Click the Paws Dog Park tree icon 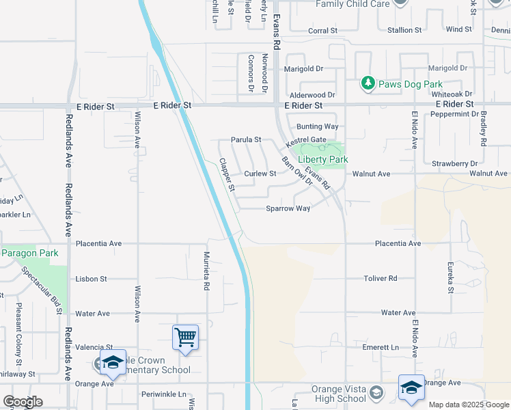click(x=369, y=83)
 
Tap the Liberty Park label click(x=323, y=159)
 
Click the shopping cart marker click(x=186, y=337)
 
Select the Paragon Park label click(x=29, y=253)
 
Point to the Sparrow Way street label click(x=288, y=208)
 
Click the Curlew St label click(x=260, y=174)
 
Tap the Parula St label click(x=246, y=139)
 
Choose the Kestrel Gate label click(x=307, y=139)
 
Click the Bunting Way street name click(x=317, y=126)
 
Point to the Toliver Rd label click(x=381, y=278)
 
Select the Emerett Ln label click(x=381, y=347)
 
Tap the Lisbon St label click(x=92, y=279)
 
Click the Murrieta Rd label click(x=206, y=271)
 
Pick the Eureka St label click(x=450, y=277)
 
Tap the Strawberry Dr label click(x=454, y=163)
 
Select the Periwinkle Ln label click(x=163, y=394)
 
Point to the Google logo click(x=23, y=401)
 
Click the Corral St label click(x=322, y=31)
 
